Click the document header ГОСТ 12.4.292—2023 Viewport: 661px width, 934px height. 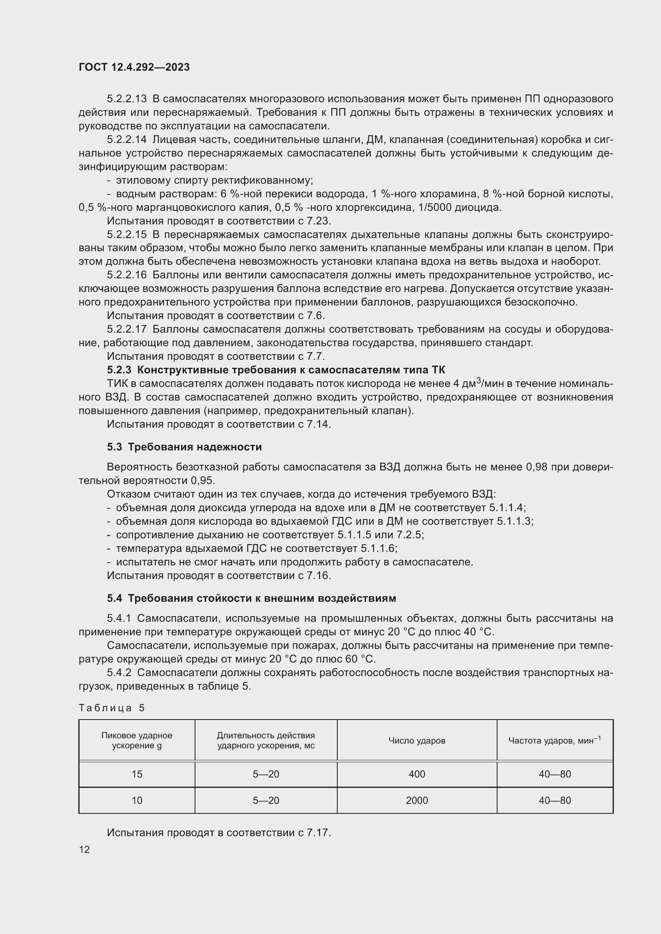[134, 67]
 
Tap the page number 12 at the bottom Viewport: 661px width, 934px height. [84, 849]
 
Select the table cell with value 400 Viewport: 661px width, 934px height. [416, 774]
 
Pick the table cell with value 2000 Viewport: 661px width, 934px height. [416, 800]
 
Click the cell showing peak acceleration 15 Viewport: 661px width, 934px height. [137, 774]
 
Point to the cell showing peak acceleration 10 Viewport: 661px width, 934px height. [137, 800]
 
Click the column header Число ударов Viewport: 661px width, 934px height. [416, 740]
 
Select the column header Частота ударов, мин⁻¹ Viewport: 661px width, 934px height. [554, 740]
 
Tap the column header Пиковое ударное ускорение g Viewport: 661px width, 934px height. [137, 740]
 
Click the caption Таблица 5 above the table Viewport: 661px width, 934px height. [111, 708]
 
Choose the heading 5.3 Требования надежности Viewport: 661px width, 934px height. [184, 447]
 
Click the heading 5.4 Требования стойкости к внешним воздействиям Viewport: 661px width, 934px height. [251, 598]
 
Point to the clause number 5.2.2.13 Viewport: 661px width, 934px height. [127, 99]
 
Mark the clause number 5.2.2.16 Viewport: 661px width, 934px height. [127, 275]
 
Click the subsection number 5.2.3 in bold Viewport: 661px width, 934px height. [119, 370]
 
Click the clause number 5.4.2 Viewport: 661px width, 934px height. [119, 672]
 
